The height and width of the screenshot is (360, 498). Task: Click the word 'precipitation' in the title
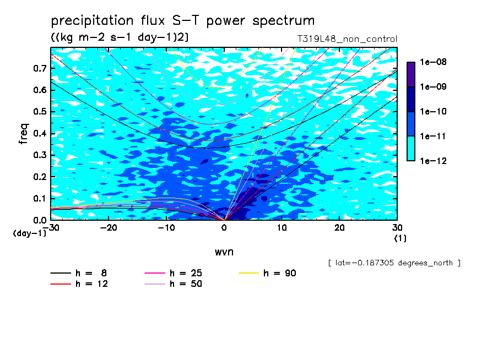92,20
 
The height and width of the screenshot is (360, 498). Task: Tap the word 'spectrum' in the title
283,20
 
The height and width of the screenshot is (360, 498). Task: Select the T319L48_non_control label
347,39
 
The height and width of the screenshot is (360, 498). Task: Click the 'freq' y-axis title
24,134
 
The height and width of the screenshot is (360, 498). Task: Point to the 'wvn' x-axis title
224,252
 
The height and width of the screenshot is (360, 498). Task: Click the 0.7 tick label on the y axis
40,68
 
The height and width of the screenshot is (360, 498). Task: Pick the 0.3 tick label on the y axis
40,155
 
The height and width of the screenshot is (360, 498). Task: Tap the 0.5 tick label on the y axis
40,112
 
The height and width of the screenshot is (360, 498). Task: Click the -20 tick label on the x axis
109,228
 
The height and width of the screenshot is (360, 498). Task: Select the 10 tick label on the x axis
282,228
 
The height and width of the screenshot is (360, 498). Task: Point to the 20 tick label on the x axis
339,228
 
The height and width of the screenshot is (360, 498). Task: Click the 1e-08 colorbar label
433,62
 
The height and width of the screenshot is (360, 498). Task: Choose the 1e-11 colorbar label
433,136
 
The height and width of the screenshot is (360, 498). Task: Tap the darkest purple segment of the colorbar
411,74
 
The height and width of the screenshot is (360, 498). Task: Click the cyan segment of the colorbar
411,149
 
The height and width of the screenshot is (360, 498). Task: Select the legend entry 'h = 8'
78,273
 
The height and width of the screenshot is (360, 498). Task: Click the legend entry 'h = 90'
267,273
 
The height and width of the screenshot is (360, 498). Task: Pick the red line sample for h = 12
61,283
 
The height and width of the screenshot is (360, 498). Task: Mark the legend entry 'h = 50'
173,283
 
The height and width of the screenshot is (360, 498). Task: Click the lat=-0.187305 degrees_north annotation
394,263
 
